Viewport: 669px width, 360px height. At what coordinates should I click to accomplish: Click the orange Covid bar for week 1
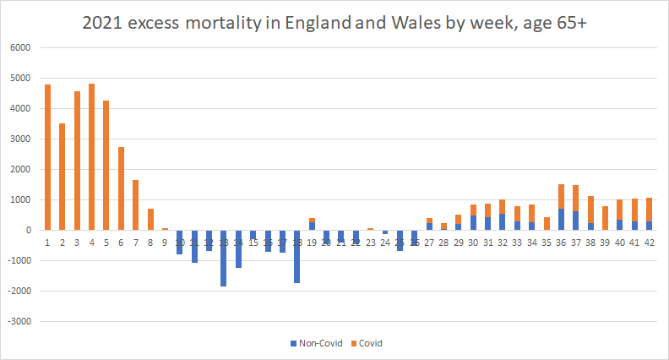pyautogui.click(x=48, y=157)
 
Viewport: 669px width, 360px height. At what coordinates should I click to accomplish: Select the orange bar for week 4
pyautogui.click(x=92, y=156)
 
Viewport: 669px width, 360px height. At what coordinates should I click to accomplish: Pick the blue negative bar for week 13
pyautogui.click(x=224, y=258)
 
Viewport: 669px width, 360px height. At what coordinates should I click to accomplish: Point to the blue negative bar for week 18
pyautogui.click(x=297, y=256)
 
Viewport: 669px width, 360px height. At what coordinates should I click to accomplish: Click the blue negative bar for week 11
pyautogui.click(x=194, y=246)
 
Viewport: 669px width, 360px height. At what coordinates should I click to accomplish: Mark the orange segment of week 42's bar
pyautogui.click(x=649, y=210)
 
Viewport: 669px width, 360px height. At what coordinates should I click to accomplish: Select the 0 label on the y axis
pyautogui.click(x=27, y=231)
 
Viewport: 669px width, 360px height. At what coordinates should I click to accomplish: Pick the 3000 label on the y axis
pyautogui.click(x=20, y=139)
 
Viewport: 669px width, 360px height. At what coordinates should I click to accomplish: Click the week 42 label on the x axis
pyautogui.click(x=649, y=243)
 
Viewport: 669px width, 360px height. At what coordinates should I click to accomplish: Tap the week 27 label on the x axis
pyautogui.click(x=429, y=243)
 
